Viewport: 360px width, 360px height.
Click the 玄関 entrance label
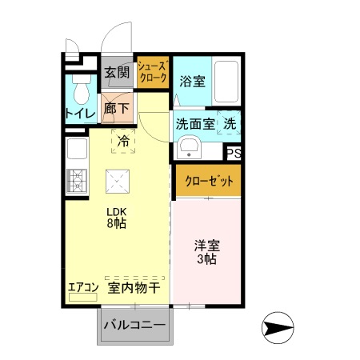[117, 73]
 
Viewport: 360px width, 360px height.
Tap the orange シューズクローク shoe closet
[152, 73]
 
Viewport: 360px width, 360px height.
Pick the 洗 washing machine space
[229, 124]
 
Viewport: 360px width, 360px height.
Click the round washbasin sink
[189, 148]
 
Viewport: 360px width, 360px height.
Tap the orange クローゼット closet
[207, 181]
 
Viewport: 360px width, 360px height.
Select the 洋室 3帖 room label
[206, 252]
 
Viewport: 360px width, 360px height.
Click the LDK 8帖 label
[118, 218]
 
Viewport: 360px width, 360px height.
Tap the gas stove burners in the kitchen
[78, 182]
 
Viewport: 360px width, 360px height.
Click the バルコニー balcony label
[135, 326]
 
